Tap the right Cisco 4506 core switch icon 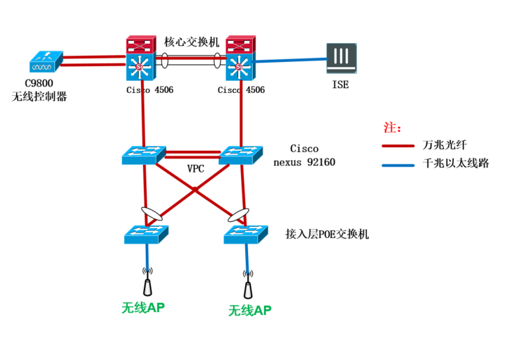tap(242, 58)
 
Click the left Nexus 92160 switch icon tap(143, 155)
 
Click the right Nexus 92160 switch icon tap(241, 155)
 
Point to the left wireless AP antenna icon tap(148, 283)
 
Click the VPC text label tap(197, 169)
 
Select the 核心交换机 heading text tap(192, 42)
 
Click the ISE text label tap(340, 85)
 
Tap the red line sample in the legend tap(399, 147)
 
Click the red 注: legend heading tap(392, 128)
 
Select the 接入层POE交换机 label tap(327, 234)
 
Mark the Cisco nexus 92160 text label tap(304, 156)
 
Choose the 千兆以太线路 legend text tap(456, 163)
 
